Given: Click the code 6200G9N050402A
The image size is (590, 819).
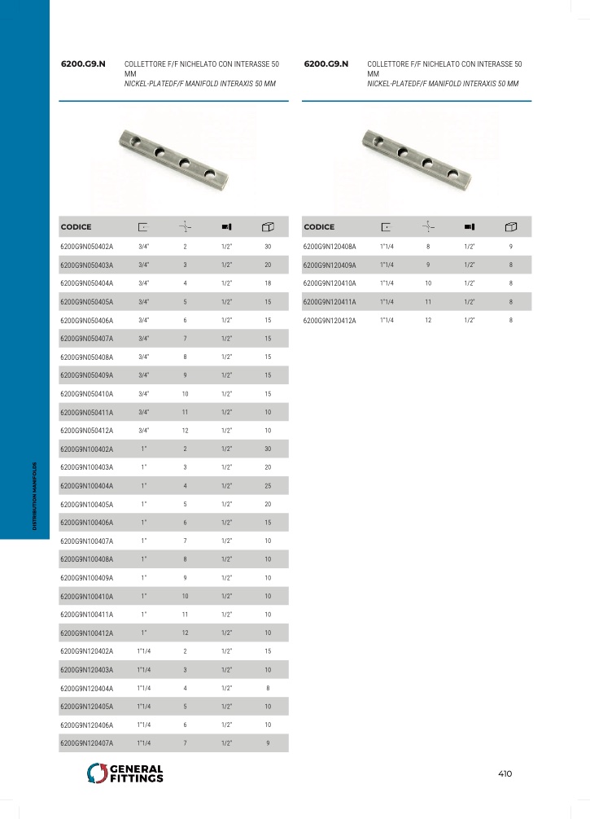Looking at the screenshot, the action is (x=87, y=247).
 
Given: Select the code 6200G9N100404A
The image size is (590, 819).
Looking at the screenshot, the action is (x=87, y=486).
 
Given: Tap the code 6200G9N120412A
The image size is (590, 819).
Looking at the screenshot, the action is (x=330, y=320).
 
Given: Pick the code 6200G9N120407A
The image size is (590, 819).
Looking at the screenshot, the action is (x=87, y=743).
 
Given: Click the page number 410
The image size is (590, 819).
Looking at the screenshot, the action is (x=505, y=773).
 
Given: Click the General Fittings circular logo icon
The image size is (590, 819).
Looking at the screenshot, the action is (x=97, y=773).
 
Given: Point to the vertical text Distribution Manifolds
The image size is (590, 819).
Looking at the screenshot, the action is (x=34, y=496).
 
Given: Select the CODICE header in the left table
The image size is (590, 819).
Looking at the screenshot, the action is (x=76, y=226).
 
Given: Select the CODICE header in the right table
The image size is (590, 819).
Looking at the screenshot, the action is (x=319, y=226).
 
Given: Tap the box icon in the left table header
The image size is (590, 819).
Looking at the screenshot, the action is (x=268, y=226).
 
